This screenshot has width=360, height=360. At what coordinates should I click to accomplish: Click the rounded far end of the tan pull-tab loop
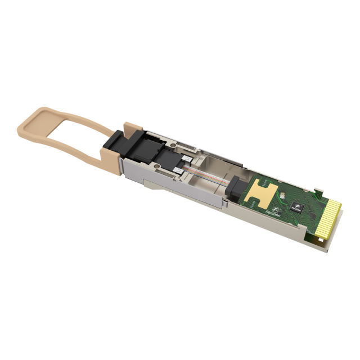click(24, 125)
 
